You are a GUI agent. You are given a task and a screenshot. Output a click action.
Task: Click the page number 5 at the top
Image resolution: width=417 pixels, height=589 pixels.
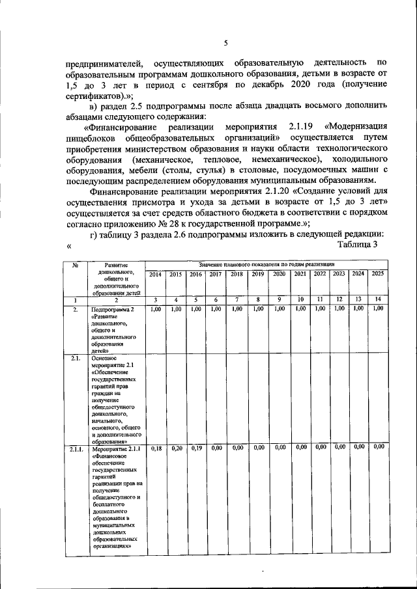[225, 43]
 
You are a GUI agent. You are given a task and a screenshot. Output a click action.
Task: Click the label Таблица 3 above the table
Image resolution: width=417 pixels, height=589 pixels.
[358, 244]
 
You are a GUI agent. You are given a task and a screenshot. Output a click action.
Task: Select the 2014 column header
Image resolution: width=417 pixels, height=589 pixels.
[156, 275]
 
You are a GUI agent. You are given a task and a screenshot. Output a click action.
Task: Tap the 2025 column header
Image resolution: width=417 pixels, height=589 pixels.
[378, 275]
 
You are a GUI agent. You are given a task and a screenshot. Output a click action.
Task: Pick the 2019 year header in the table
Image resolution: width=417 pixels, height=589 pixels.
[258, 275]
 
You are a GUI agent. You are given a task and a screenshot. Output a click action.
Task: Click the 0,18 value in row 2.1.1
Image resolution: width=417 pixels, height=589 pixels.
[156, 448]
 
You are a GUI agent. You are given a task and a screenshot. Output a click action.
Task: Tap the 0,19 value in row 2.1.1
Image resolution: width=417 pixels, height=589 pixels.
[195, 448]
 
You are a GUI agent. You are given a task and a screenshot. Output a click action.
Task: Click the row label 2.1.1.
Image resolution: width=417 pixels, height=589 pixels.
[76, 448]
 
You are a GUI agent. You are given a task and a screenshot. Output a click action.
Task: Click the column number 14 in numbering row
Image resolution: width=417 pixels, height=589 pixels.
[378, 299]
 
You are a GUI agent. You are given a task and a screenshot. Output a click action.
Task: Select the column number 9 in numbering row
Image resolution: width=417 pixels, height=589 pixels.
[280, 299]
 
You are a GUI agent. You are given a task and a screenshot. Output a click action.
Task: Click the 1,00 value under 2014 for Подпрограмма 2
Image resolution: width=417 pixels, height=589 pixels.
[156, 309]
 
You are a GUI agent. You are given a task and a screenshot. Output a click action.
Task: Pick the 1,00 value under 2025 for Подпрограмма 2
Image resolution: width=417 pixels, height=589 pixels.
[378, 309]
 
